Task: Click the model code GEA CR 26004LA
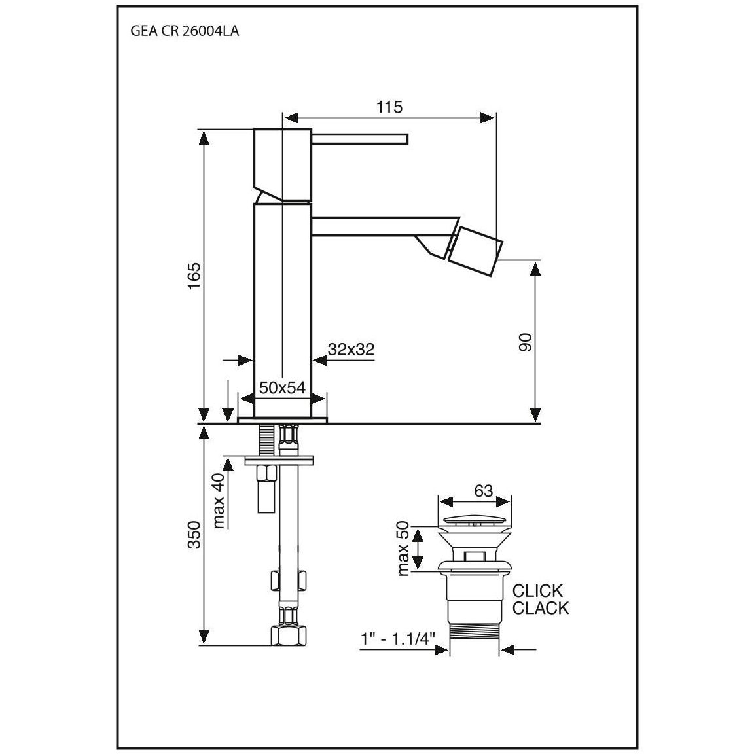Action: (x=185, y=31)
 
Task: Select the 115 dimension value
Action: (x=389, y=107)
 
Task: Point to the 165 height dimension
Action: (x=194, y=276)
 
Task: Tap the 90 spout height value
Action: (x=526, y=342)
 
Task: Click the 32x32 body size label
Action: (x=351, y=349)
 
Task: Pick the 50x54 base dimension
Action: (x=282, y=387)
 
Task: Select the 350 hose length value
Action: (x=194, y=534)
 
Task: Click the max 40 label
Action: (x=219, y=500)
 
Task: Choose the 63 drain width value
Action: (x=483, y=490)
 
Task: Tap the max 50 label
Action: (x=403, y=548)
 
